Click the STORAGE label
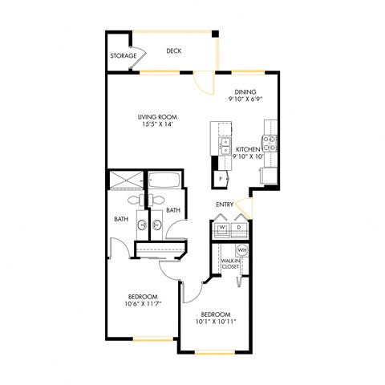pyautogui.click(x=122, y=57)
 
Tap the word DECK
pyautogui.click(x=173, y=51)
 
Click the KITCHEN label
pyautogui.click(x=249, y=149)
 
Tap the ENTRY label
pyautogui.click(x=225, y=205)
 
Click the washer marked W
pyautogui.click(x=222, y=228)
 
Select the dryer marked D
pyautogui.click(x=240, y=228)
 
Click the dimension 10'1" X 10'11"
pyautogui.click(x=216, y=321)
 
